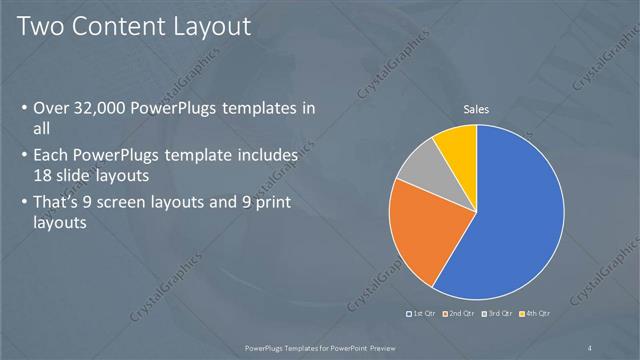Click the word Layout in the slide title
pos(204,26)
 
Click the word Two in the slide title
pos(41,26)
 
